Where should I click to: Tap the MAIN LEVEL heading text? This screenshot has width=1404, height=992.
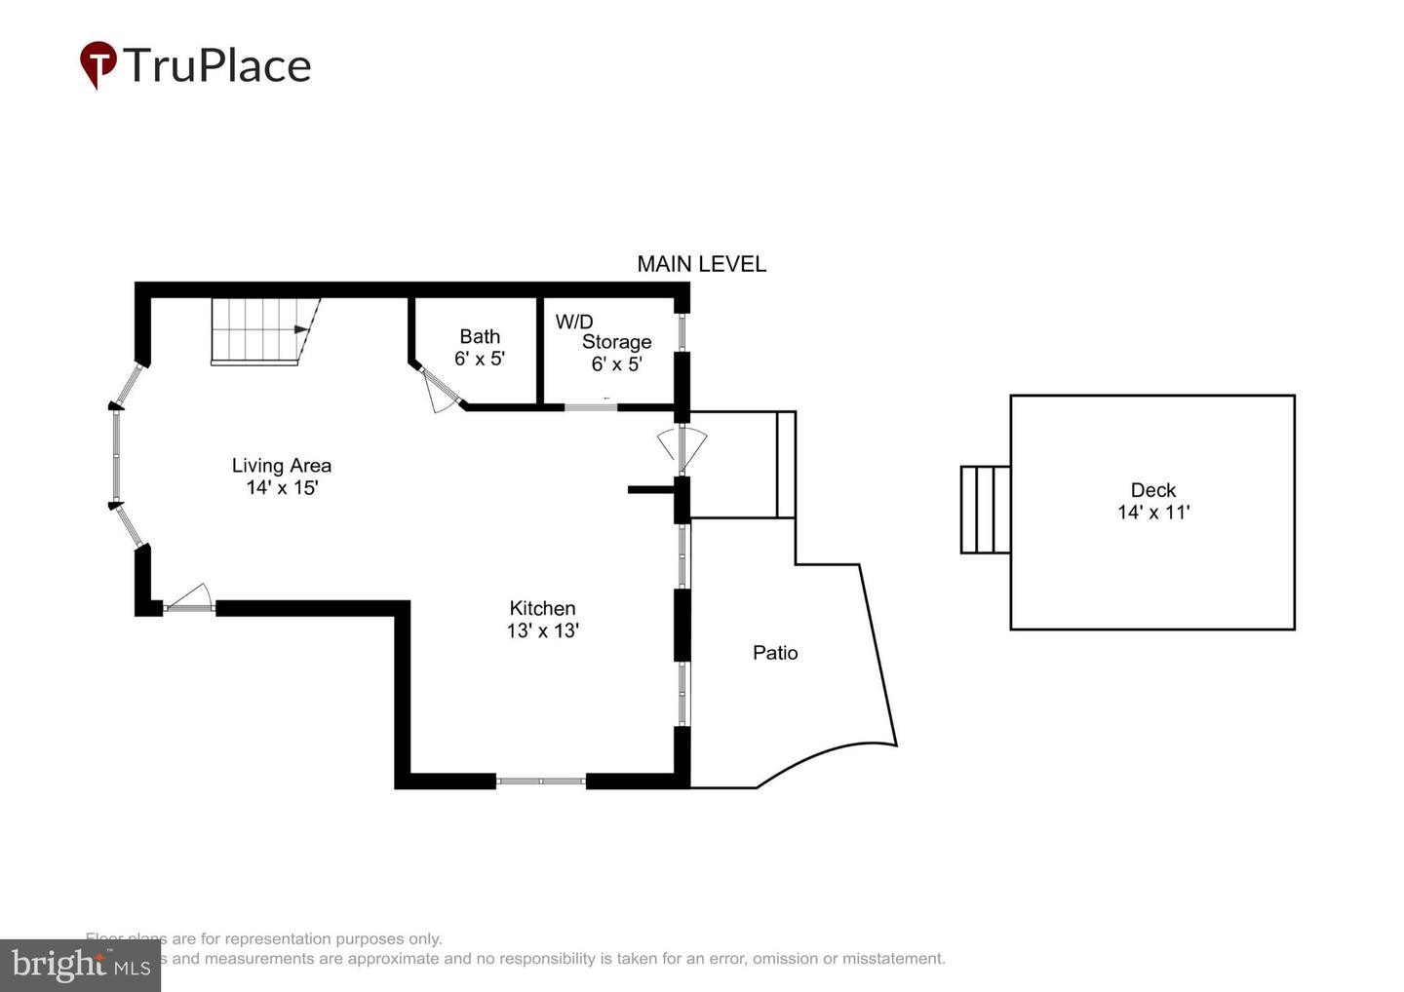[701, 264]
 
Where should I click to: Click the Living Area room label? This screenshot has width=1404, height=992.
[281, 466]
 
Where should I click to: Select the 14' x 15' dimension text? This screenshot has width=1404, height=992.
[282, 487]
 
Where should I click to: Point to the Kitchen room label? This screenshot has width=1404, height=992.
[542, 608]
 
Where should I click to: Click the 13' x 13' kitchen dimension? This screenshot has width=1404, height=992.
[542, 630]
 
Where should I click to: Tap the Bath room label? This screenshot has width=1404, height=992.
[480, 336]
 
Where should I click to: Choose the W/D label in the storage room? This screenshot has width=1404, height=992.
[574, 322]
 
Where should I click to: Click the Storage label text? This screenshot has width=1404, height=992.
[616, 342]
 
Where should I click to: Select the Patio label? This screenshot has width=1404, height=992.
[775, 653]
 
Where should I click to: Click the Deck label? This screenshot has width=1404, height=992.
[1152, 490]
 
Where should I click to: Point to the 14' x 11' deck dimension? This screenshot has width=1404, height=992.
[1152, 513]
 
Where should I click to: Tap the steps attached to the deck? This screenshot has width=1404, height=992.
[985, 510]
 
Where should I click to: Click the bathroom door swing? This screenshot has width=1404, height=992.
[441, 390]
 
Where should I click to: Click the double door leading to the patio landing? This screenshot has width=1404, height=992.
[682, 445]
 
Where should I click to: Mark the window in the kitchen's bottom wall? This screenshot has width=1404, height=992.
[541, 781]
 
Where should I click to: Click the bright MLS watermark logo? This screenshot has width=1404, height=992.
[80, 965]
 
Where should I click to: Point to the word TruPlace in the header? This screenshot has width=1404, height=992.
[216, 65]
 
